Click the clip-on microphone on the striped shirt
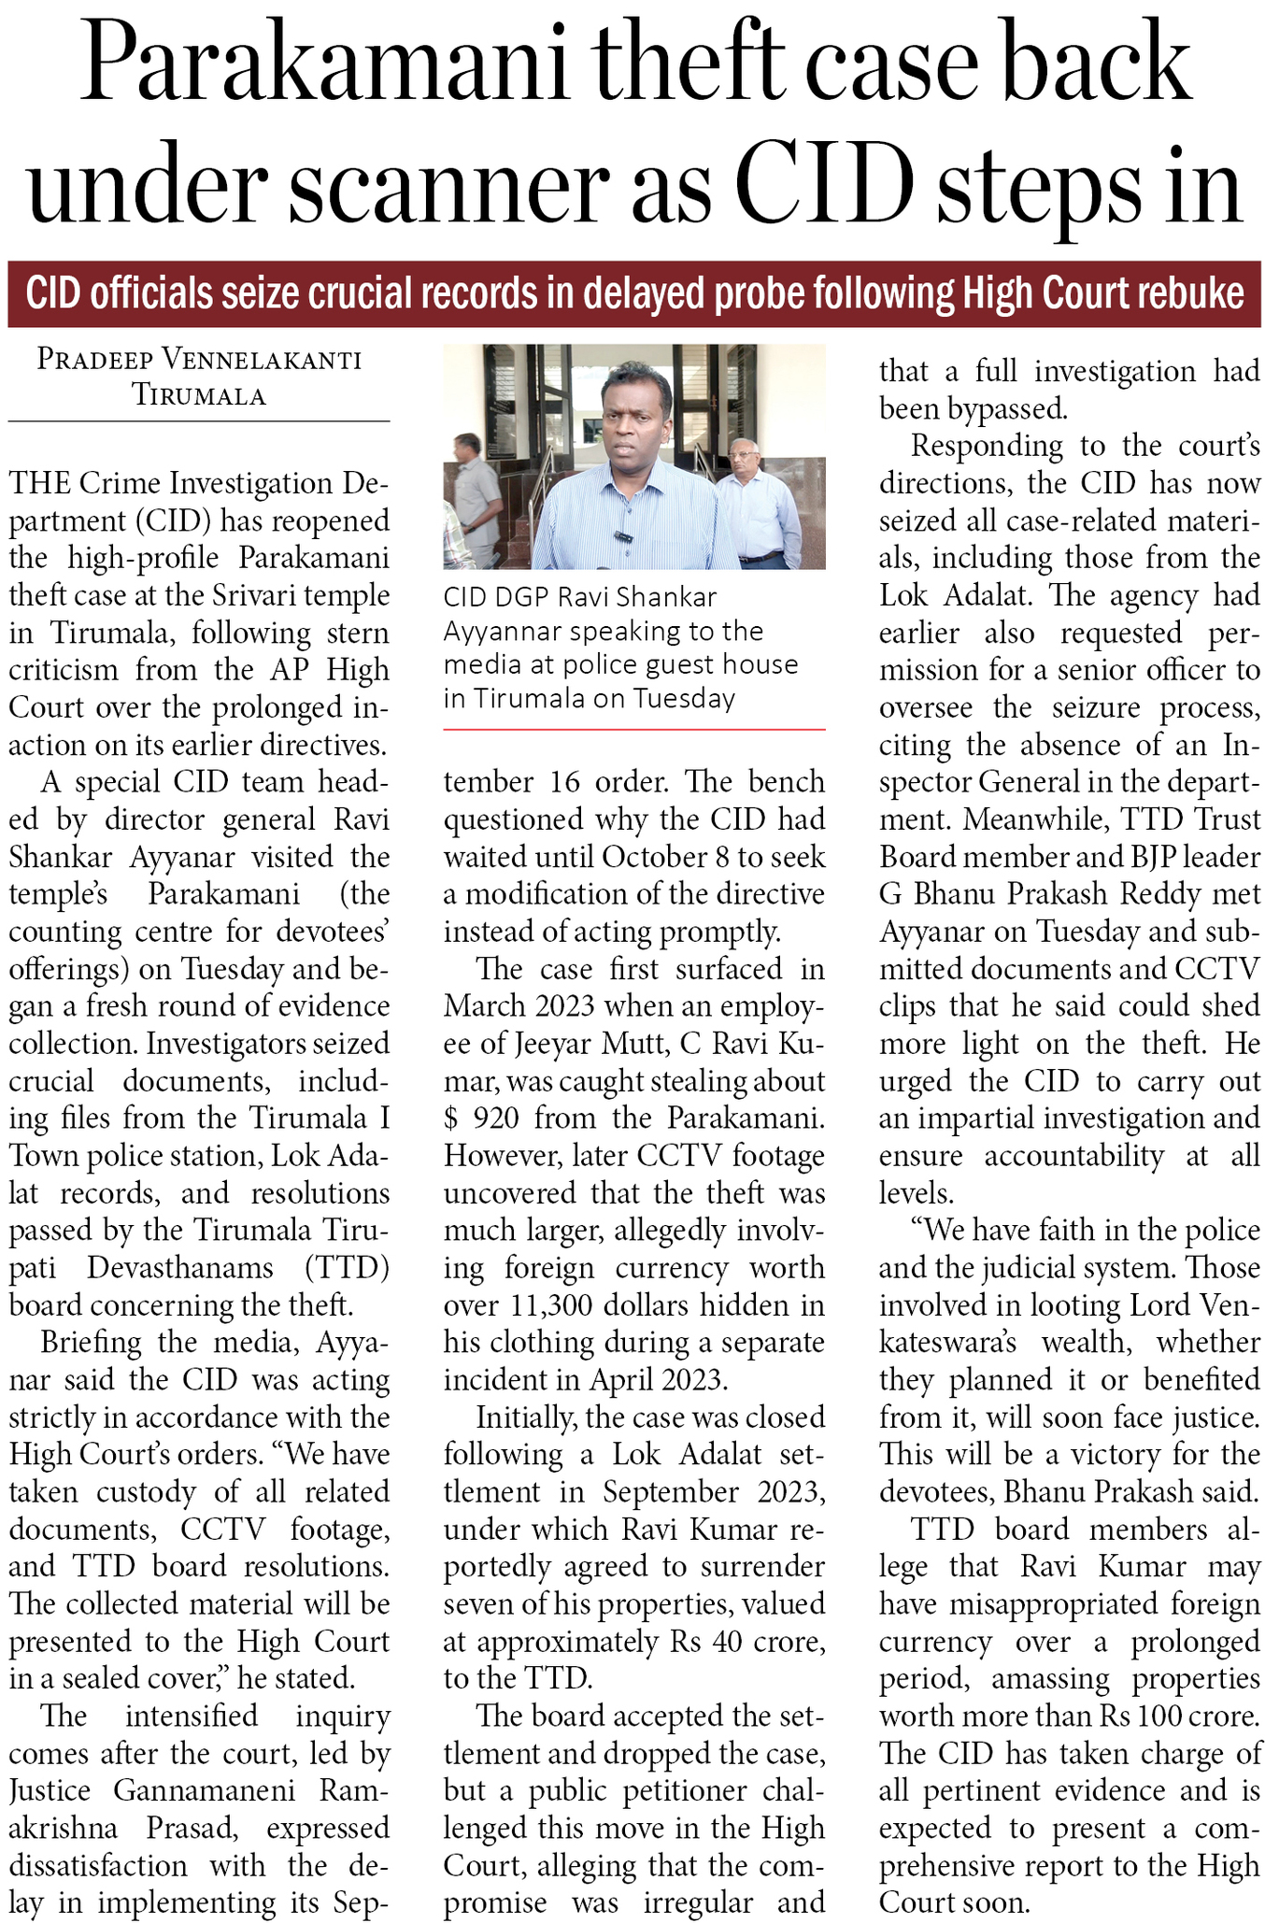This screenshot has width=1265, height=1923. click(x=619, y=539)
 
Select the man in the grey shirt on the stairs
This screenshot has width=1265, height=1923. click(x=474, y=495)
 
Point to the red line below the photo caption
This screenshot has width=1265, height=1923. click(x=634, y=729)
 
